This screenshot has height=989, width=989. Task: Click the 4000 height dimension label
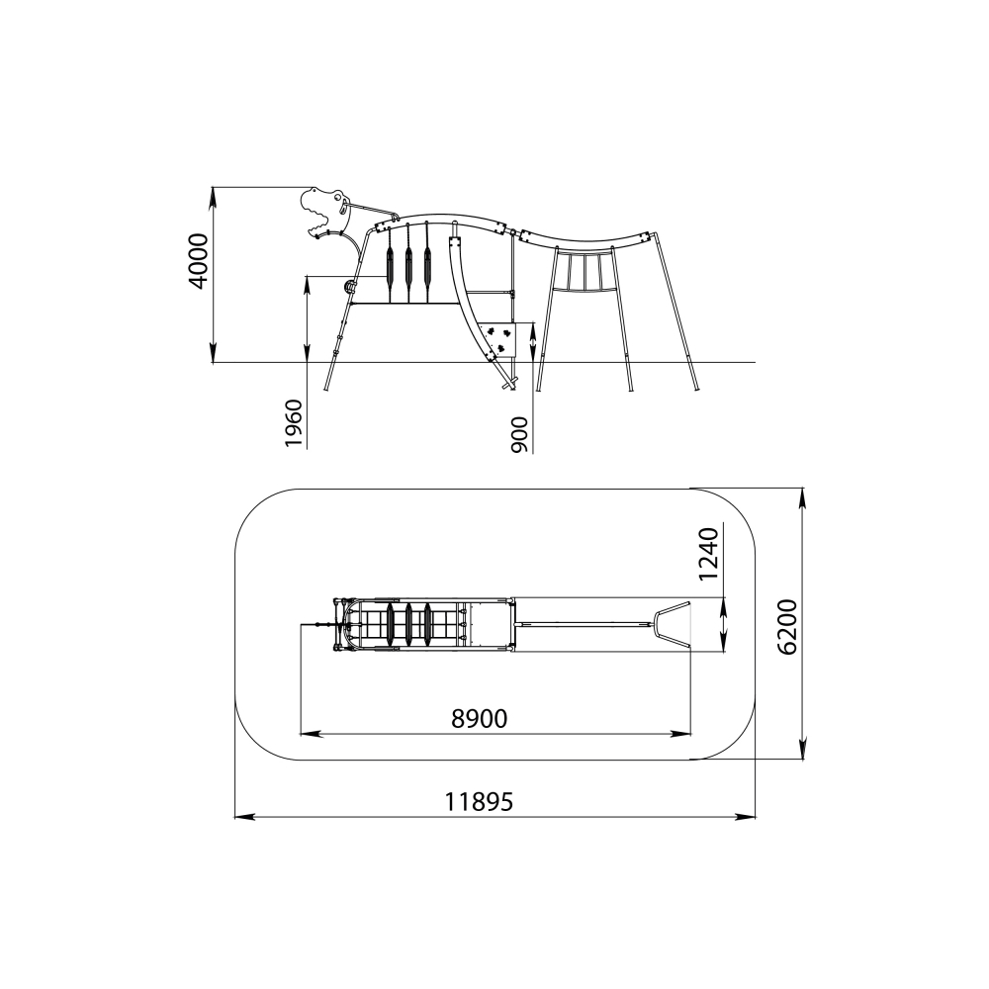[199, 261]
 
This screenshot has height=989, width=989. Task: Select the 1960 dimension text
[295, 422]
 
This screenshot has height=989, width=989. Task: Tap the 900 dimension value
[520, 434]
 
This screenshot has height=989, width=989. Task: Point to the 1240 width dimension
[709, 553]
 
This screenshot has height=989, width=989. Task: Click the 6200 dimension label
[788, 626]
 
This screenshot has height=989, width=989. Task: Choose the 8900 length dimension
[480, 718]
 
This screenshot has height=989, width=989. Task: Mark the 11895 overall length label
[480, 802]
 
